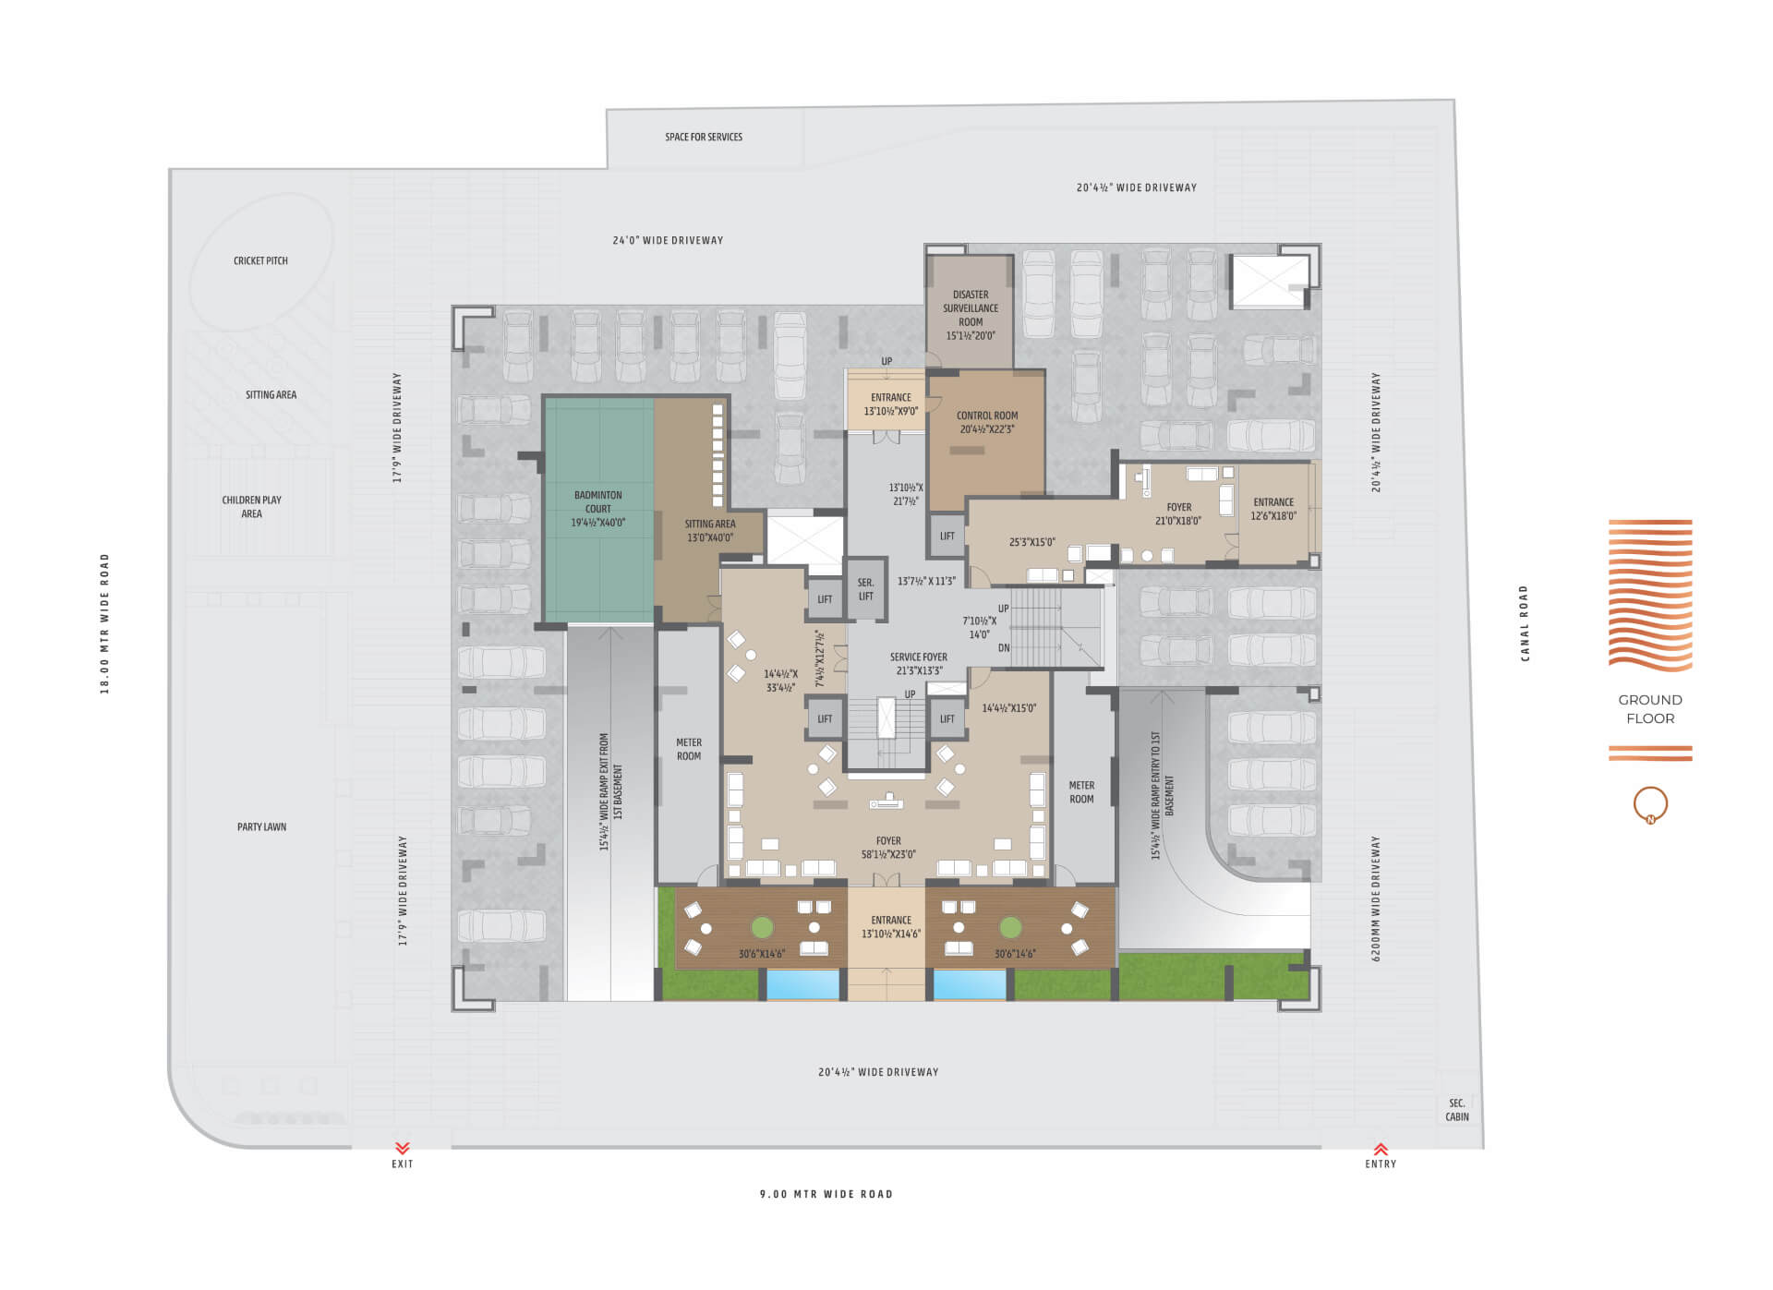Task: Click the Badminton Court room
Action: click(598, 509)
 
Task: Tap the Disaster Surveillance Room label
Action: click(970, 308)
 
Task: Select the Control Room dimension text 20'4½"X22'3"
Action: click(986, 429)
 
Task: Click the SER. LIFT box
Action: click(865, 589)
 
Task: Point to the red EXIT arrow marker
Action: click(402, 1148)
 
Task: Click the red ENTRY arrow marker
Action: click(1381, 1149)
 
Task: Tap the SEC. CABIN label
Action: click(1456, 1110)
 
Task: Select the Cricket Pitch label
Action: click(260, 261)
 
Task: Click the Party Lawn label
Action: click(261, 827)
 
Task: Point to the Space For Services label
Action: click(704, 137)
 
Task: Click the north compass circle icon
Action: click(1650, 804)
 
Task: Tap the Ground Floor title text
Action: click(1649, 709)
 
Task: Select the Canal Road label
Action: click(1525, 623)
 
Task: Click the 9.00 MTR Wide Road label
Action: click(826, 1194)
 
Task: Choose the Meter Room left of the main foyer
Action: click(689, 749)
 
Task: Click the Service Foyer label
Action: click(918, 657)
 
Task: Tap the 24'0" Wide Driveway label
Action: click(668, 240)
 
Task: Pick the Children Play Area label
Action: click(251, 507)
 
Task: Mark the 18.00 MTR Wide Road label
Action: click(104, 623)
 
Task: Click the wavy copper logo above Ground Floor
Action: click(1650, 595)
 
